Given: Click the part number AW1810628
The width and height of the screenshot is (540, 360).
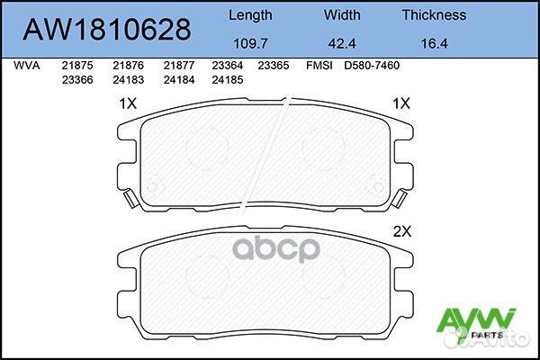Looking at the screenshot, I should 106,30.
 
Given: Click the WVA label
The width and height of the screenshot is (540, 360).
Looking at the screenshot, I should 25,66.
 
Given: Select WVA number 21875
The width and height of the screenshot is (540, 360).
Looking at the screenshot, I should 76,66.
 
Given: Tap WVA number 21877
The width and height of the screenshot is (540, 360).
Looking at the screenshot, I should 178,66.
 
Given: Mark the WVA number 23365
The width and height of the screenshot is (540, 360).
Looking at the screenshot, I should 273,66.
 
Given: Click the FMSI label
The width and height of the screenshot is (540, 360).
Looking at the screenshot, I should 319,66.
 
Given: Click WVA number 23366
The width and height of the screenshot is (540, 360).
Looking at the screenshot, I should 76,78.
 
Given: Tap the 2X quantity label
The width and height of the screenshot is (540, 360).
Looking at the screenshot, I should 400,230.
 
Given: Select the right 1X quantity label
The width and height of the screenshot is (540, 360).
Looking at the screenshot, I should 400,103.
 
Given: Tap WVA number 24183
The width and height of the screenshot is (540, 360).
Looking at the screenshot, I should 127,78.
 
